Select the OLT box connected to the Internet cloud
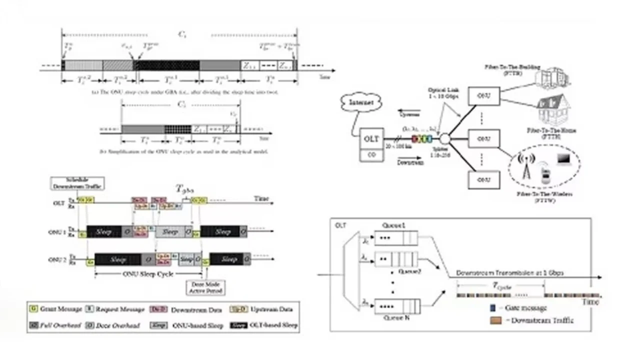(x=370, y=139)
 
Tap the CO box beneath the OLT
(x=370, y=155)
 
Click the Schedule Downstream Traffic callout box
(x=77, y=183)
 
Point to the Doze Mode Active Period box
(x=209, y=286)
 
